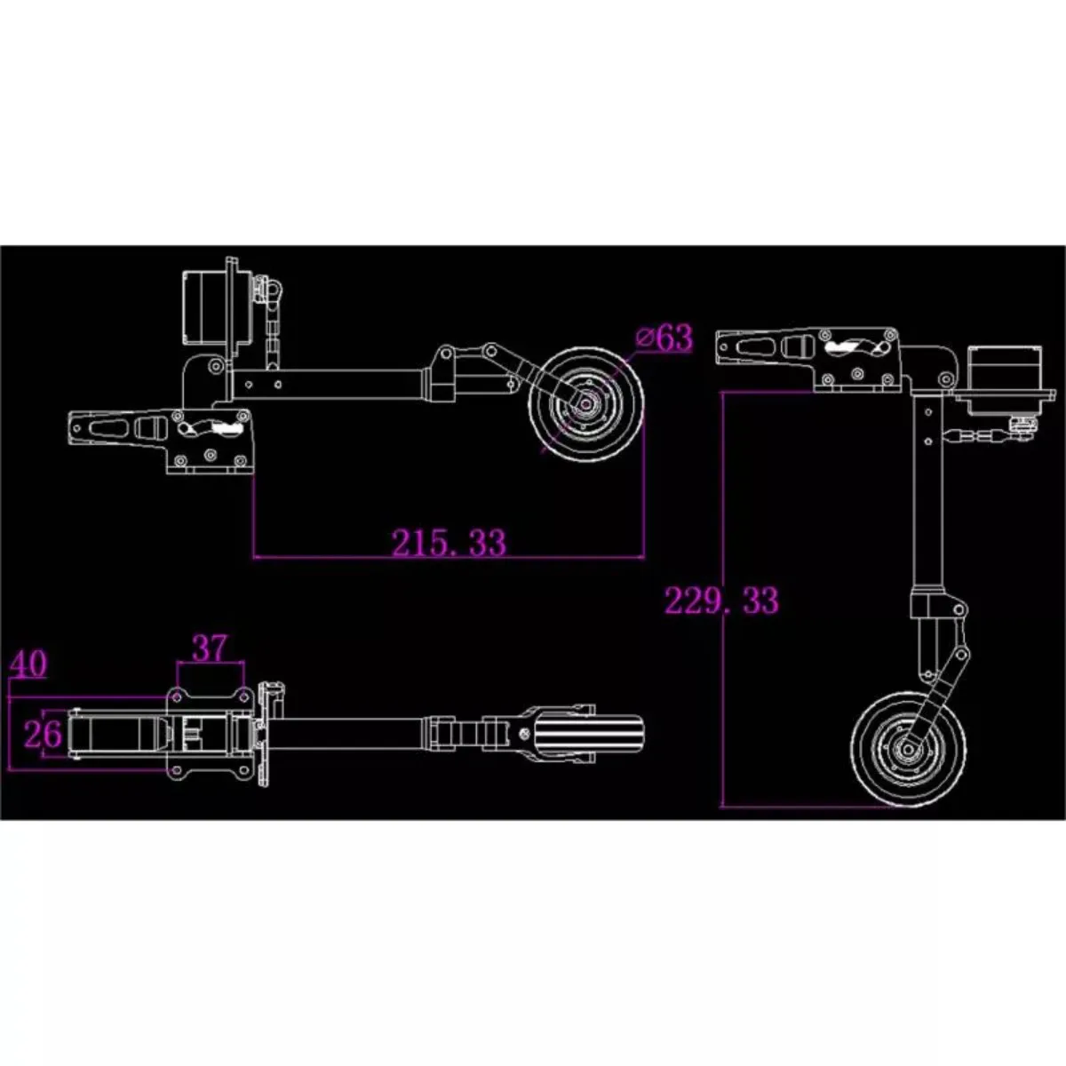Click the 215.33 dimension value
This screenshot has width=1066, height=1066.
pyautogui.click(x=449, y=543)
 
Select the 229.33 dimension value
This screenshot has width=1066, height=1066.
pyautogui.click(x=722, y=601)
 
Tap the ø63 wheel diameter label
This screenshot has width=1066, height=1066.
pyautogui.click(x=664, y=338)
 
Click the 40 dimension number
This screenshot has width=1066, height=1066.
pyautogui.click(x=28, y=664)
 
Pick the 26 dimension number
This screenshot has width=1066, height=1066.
pyautogui.click(x=43, y=735)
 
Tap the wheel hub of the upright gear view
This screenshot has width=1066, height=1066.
pyautogui.click(x=908, y=750)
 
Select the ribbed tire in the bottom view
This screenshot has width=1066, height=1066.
pyautogui.click(x=588, y=735)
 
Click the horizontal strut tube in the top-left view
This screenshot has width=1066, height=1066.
pyautogui.click(x=330, y=384)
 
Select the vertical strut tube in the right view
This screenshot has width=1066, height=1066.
pyautogui.click(x=928, y=489)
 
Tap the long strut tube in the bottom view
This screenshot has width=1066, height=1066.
pyautogui.click(x=355, y=734)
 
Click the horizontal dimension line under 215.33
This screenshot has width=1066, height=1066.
pyautogui.click(x=449, y=558)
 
